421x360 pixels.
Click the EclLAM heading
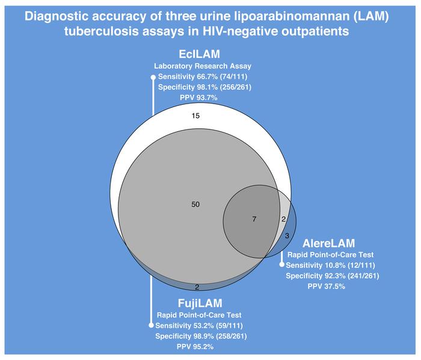[x=199, y=54]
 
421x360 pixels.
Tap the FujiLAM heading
[x=200, y=303]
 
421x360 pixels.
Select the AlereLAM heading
[x=328, y=243]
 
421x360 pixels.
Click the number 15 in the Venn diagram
[x=195, y=116]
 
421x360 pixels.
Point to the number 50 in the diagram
[x=195, y=205]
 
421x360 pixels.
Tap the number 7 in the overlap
[x=254, y=219]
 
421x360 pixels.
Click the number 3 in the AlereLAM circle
[x=287, y=236]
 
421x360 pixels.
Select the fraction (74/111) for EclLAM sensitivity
[x=233, y=76]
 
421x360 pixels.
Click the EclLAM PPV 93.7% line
[x=198, y=98]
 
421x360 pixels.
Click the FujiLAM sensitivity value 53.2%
[x=203, y=326]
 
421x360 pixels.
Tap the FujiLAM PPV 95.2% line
[x=195, y=347]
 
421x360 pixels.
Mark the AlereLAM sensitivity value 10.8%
[x=334, y=265]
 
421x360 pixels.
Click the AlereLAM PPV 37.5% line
[x=326, y=287]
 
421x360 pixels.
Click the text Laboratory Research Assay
[x=203, y=66]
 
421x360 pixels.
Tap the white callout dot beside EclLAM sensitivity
[x=153, y=78]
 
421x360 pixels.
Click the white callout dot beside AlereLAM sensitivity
[x=281, y=265]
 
